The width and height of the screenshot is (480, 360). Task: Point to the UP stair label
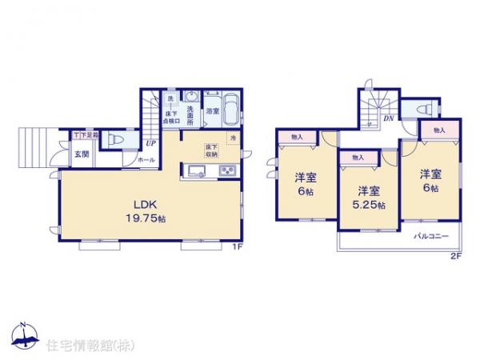(x=150, y=144)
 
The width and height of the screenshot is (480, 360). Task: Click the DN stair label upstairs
(x=388, y=119)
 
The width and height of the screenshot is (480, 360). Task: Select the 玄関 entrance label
(x=82, y=154)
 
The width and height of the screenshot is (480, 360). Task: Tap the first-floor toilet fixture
(x=114, y=138)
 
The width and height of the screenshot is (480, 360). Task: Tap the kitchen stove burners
(x=226, y=171)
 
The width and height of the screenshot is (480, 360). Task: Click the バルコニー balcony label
(x=431, y=236)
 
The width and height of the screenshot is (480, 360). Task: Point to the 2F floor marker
(x=455, y=256)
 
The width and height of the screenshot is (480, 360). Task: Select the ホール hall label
(x=146, y=160)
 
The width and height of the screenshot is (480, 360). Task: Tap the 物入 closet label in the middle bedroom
(x=357, y=158)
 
